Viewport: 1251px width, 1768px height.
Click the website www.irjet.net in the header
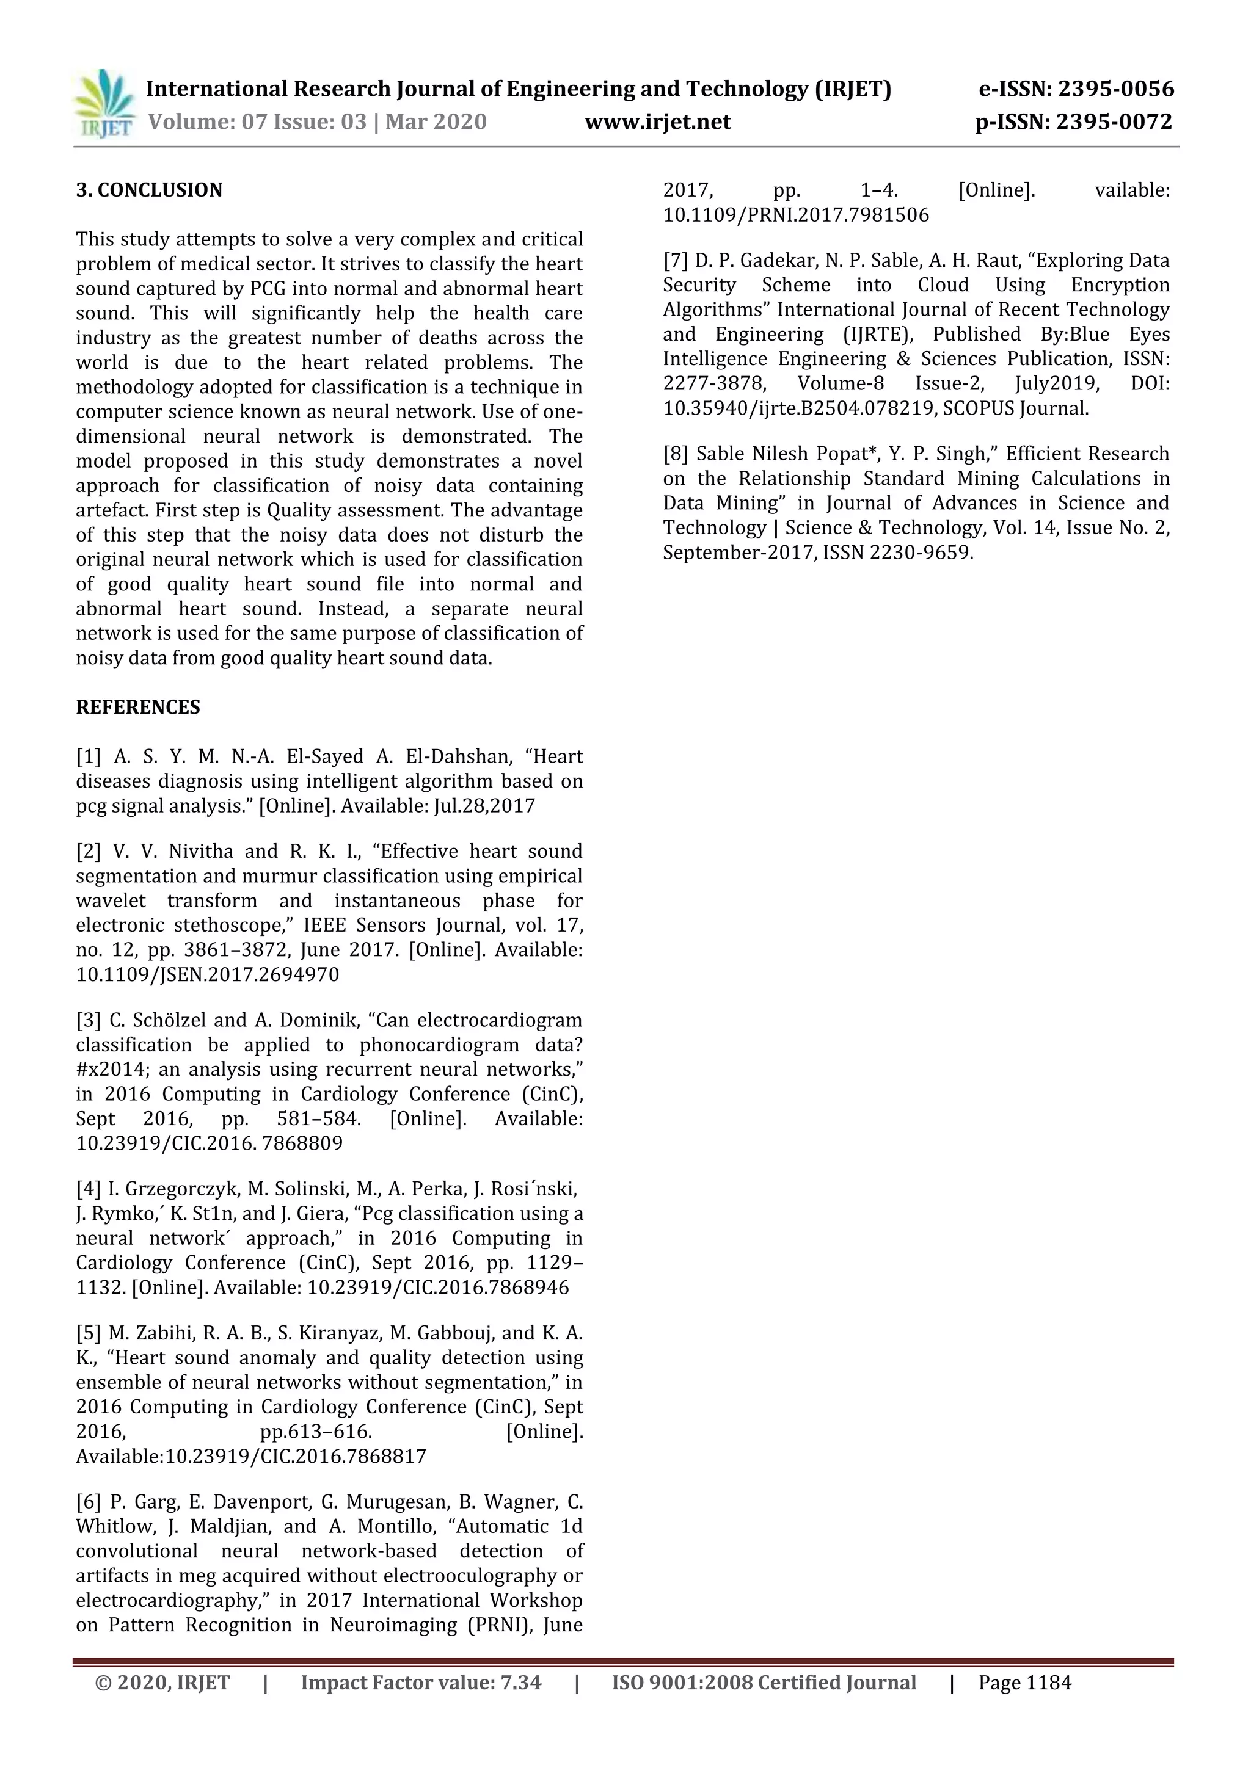(657, 121)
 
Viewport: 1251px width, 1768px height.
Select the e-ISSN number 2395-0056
(1116, 89)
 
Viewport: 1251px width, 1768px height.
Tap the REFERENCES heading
(138, 707)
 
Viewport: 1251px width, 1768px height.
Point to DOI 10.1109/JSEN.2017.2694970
(207, 975)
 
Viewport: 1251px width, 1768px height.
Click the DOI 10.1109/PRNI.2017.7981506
(796, 216)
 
